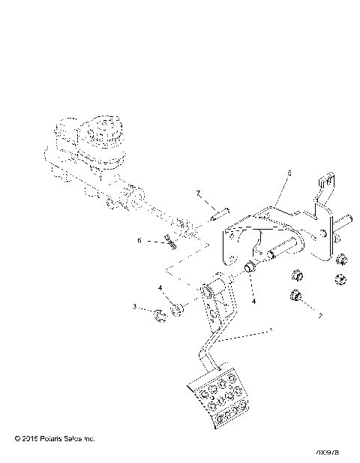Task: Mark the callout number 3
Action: coord(134,307)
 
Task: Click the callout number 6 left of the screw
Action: coord(139,240)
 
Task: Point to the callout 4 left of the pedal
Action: coord(159,287)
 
